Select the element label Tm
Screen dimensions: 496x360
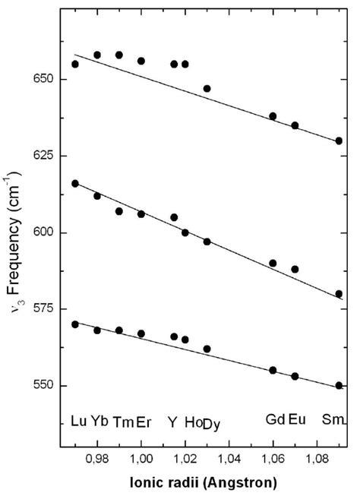(x=122, y=421)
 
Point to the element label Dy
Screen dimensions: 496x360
(x=212, y=425)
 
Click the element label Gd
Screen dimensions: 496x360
(x=275, y=420)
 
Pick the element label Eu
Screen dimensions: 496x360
(x=297, y=420)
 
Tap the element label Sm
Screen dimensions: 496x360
(x=334, y=420)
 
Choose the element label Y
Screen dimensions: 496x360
(x=173, y=421)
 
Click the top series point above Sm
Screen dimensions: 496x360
(x=339, y=141)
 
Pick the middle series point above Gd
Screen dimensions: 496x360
(x=273, y=263)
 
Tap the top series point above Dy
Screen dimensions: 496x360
(x=207, y=89)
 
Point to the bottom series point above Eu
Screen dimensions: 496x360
(x=295, y=376)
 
